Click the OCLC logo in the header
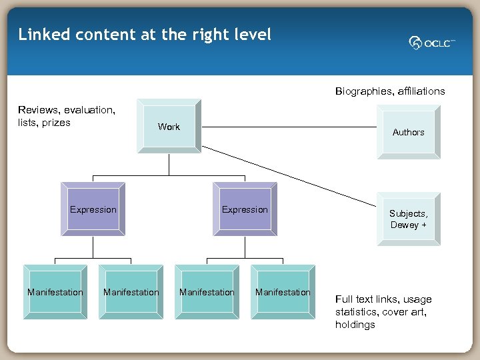coord(432,43)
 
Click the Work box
coord(169,127)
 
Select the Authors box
coord(408,132)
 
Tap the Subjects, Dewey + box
coord(408,219)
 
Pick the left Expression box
coord(93,209)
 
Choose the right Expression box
coord(245,209)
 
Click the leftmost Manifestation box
coord(55,292)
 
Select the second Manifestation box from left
coord(131,292)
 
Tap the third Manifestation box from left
coord(207,292)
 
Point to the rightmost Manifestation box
coord(283,292)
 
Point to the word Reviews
coord(38,109)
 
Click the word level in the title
coord(253,35)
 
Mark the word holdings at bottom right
coord(355,325)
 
